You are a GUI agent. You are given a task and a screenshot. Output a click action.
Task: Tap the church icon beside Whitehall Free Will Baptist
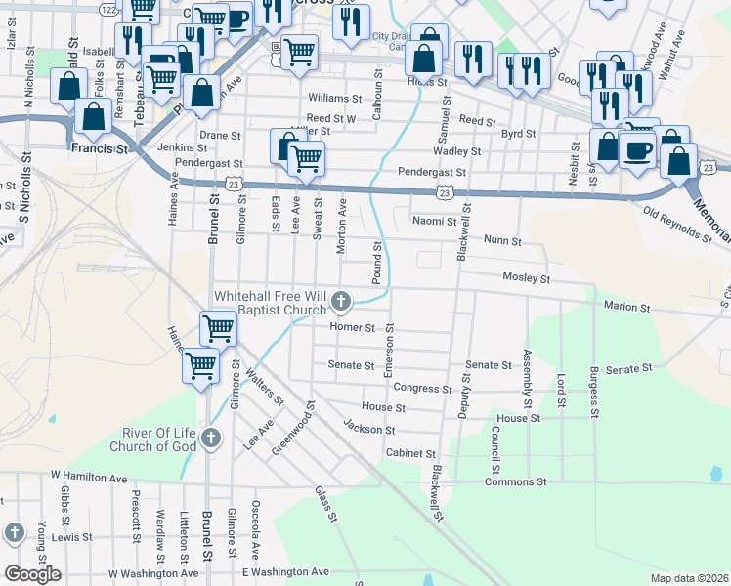click(341, 300)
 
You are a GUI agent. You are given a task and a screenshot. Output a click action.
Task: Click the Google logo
click(32, 574)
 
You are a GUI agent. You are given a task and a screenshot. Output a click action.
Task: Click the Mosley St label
click(527, 278)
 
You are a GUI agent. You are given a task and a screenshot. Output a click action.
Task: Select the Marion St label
click(627, 307)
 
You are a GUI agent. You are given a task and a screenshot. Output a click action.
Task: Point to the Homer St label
click(353, 327)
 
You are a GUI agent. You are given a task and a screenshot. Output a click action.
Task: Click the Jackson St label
click(368, 428)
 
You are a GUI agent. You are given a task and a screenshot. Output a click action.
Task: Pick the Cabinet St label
click(410, 453)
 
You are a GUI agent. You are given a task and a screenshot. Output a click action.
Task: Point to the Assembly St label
click(527, 378)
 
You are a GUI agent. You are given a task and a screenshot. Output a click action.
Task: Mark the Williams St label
click(335, 99)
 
